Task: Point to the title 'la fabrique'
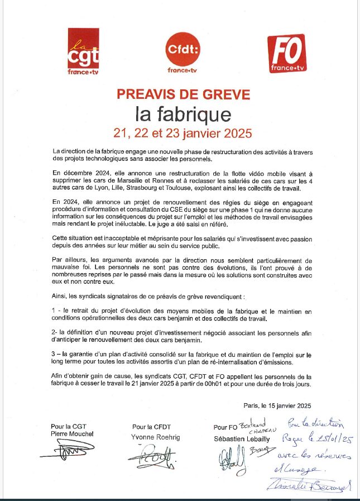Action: pyautogui.click(x=183, y=114)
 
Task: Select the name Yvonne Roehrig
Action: pyautogui.click(x=156, y=437)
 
